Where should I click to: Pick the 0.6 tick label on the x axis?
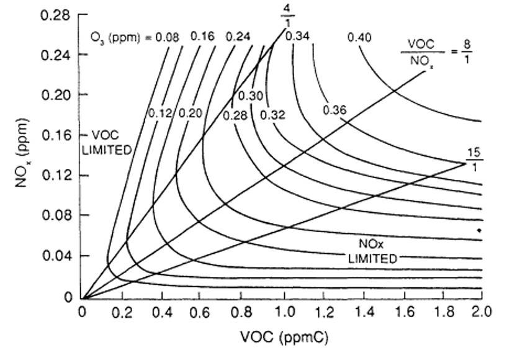(x=202, y=311)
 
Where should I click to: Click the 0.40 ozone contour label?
(x=359, y=38)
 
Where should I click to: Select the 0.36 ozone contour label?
(x=334, y=110)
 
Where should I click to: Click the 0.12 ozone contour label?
(x=160, y=114)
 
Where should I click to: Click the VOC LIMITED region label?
(x=111, y=142)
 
